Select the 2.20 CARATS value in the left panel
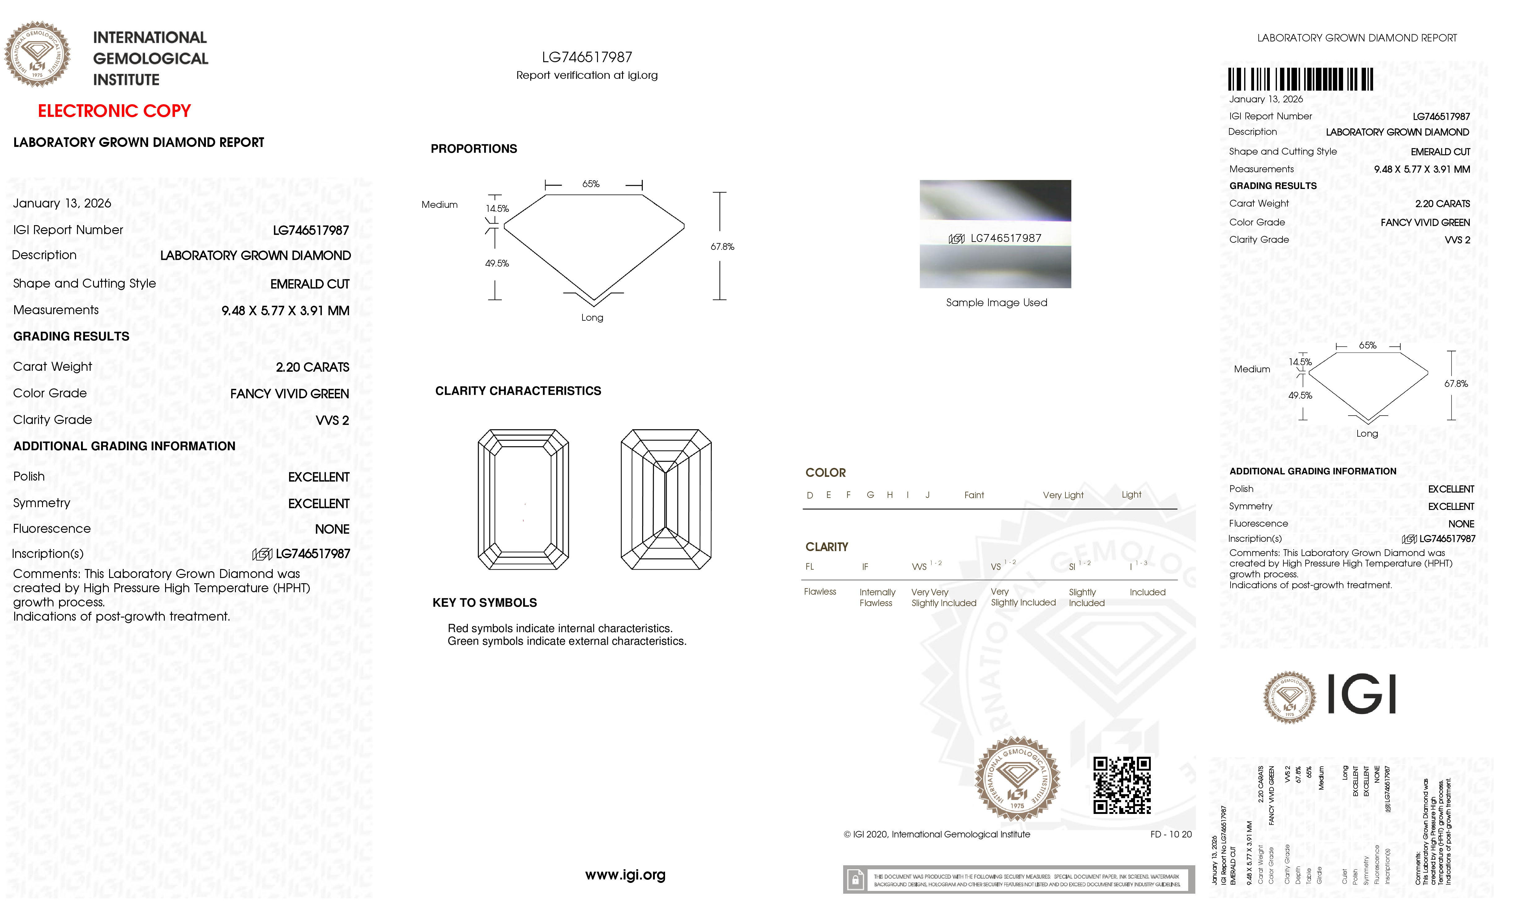point(312,367)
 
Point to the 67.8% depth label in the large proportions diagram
point(723,246)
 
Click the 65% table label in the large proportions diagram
point(591,184)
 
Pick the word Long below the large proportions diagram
point(592,317)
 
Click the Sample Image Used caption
point(996,302)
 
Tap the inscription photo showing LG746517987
point(995,234)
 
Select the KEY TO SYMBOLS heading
point(484,603)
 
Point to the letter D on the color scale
point(810,495)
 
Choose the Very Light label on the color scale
point(1063,495)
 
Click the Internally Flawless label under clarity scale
point(877,597)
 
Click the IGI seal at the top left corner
point(37,54)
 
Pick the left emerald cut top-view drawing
point(523,499)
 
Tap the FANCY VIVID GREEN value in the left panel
point(290,394)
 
